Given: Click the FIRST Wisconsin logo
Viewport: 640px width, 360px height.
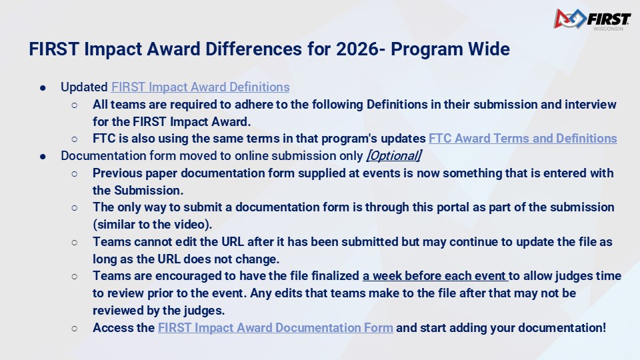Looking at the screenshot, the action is pyautogui.click(x=592, y=19).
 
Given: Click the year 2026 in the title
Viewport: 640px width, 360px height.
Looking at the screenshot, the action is pyautogui.click(x=357, y=49).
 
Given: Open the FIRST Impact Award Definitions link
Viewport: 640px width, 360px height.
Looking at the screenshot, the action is pyautogui.click(x=200, y=87).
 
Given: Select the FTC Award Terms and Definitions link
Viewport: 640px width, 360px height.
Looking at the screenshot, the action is pyautogui.click(x=523, y=139).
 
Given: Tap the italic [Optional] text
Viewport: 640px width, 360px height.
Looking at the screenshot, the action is pyautogui.click(x=394, y=155).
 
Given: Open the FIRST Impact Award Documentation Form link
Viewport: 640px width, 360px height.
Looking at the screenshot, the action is pyautogui.click(x=275, y=328).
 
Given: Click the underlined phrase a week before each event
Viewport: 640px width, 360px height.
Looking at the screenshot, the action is pyautogui.click(x=435, y=276).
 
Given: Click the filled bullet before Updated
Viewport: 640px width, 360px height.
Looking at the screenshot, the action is pyautogui.click(x=43, y=88).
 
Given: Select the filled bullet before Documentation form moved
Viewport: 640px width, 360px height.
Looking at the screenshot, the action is pyautogui.click(x=43, y=156).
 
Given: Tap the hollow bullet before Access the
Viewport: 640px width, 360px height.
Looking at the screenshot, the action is pyautogui.click(x=74, y=328).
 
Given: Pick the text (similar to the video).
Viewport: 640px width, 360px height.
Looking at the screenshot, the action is pyautogui.click(x=152, y=225).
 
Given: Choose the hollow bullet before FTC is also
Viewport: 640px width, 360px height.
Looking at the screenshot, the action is pyautogui.click(x=74, y=139).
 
